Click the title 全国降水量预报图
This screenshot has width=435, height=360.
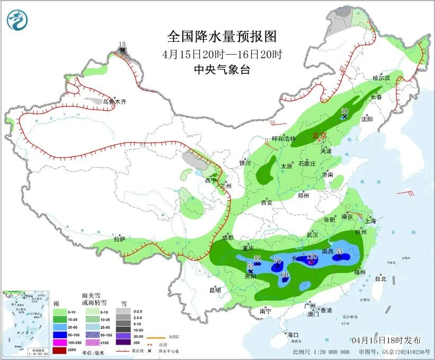pyautogui.click(x=222, y=37)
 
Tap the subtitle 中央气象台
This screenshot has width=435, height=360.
pyautogui.click(x=221, y=69)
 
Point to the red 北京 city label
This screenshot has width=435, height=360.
pyautogui.click(x=321, y=136)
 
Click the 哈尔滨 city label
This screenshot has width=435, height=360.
pyautogui.click(x=380, y=78)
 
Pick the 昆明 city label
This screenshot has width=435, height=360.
pyautogui.click(x=215, y=289)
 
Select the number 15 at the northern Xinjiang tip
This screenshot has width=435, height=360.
pyautogui.click(x=122, y=45)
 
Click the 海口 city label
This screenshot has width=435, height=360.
pyautogui.click(x=294, y=335)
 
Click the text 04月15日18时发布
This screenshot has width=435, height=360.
pyautogui.click(x=386, y=340)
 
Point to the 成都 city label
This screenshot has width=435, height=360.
pyautogui.click(x=228, y=238)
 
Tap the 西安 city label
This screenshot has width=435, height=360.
pyautogui.click(x=267, y=202)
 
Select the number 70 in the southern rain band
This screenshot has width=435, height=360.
pyautogui.click(x=277, y=260)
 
